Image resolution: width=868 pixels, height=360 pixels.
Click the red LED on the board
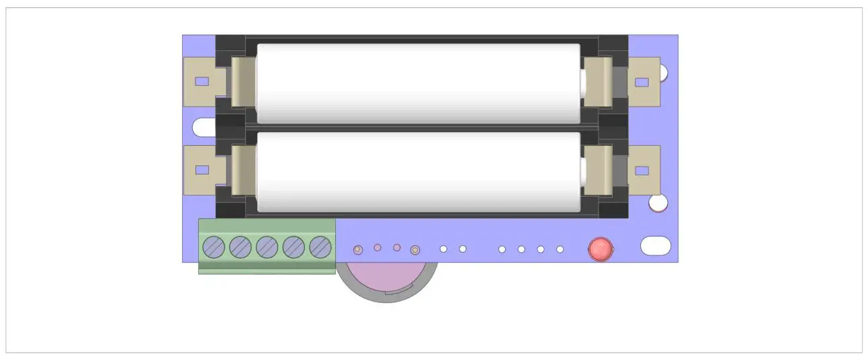coord(600,250)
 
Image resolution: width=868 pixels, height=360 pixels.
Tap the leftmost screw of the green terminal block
coord(214,247)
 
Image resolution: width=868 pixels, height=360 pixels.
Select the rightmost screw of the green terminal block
coord(320,247)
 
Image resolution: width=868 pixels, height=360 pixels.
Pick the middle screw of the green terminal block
coord(267,247)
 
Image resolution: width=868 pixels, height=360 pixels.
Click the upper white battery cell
coord(418,83)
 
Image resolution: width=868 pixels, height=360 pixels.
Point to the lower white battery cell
coord(418,171)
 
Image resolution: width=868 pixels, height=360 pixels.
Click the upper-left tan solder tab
coord(200,82)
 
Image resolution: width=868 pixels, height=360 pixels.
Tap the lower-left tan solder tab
coord(200,170)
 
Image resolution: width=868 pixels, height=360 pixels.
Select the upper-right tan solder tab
coord(644,82)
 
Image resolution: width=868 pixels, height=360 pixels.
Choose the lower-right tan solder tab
coord(644,170)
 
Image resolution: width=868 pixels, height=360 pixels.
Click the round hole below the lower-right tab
coord(658,202)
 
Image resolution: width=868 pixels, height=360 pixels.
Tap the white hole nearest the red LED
coord(560,250)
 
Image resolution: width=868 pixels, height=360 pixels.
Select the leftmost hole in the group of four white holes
coord(502,250)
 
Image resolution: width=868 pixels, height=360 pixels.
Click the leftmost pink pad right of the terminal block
coord(358,250)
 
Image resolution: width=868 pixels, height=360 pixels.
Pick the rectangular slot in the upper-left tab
coord(202,82)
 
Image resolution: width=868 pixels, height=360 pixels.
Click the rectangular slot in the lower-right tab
coord(642,171)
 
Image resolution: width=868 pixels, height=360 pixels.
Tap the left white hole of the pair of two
coord(443,249)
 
